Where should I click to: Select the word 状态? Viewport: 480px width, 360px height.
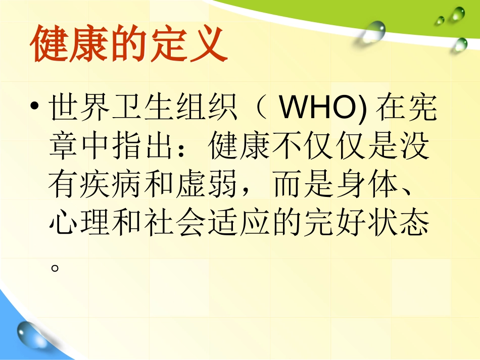[x=401, y=223]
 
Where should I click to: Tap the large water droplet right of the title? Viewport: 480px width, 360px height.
[x=372, y=32]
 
